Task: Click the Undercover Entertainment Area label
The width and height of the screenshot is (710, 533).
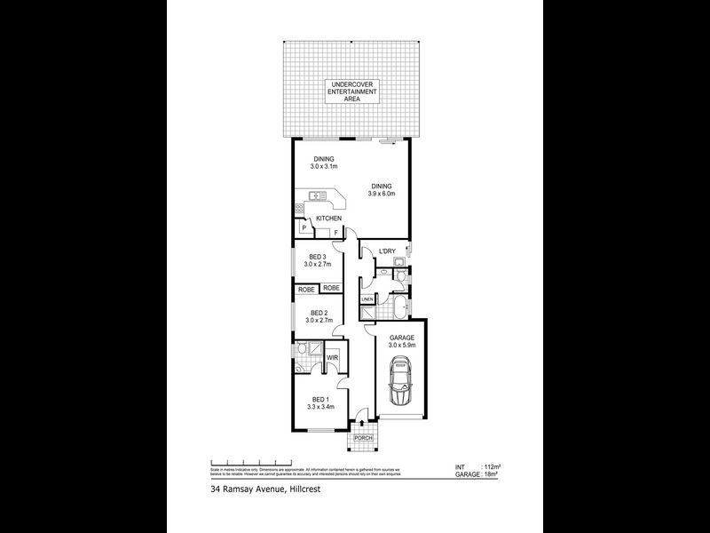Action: coord(351,91)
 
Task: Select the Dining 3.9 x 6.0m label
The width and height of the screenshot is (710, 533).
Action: coord(382,189)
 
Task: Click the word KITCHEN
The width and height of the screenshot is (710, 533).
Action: coord(328,219)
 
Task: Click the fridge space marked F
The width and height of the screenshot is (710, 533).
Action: coord(335,235)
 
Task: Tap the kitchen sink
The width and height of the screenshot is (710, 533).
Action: coord(312,195)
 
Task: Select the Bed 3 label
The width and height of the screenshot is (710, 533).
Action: coord(318,260)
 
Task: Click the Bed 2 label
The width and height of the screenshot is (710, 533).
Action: coord(318,316)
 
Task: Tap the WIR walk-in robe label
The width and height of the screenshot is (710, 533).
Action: coord(332,358)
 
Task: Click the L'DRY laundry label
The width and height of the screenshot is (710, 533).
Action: coord(386,251)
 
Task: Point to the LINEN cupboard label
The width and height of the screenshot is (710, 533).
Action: coord(367,300)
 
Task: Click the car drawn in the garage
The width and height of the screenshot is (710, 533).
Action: coord(400,380)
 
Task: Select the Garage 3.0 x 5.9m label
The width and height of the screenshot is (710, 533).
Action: coord(401,342)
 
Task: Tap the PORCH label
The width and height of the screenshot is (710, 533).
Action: coord(363,439)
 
